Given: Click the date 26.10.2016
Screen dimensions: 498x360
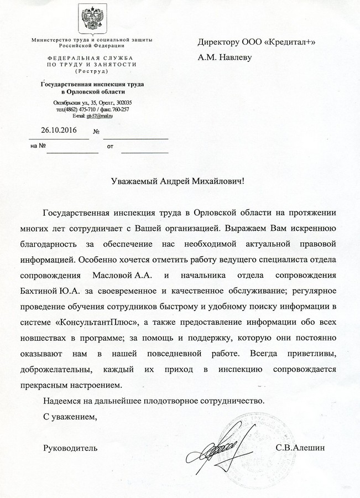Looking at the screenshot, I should click(59, 131).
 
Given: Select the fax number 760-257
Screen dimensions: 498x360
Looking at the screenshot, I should click(118, 109).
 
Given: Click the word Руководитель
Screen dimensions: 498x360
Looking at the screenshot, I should click(70, 447).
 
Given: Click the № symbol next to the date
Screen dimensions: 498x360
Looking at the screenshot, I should click(97, 132).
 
